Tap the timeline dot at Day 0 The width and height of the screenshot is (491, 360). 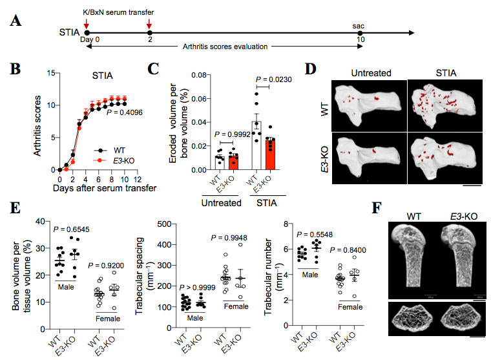pyautogui.click(x=87, y=31)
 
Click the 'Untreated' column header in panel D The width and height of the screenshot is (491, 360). pyautogui.click(x=373, y=73)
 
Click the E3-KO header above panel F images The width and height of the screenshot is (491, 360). pyautogui.click(x=460, y=213)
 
